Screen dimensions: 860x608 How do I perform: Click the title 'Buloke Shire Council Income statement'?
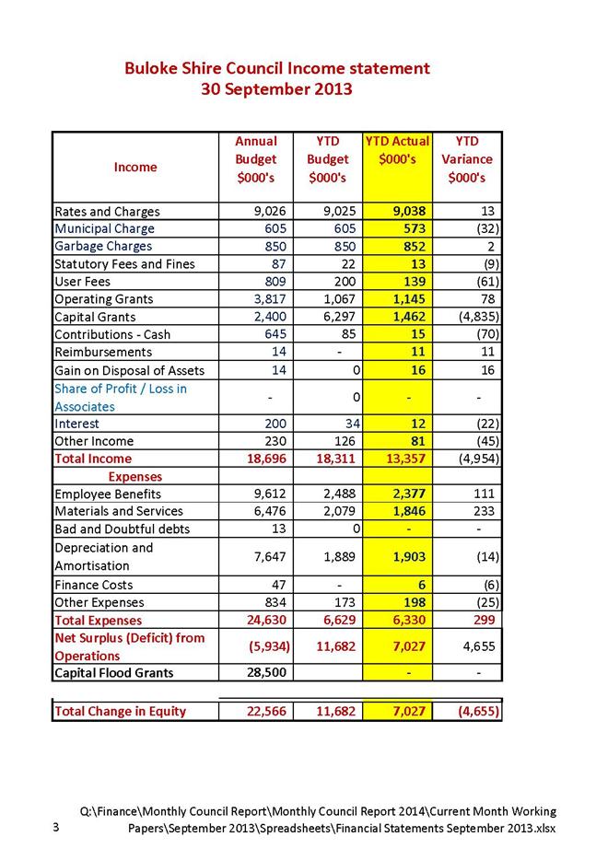coord(277,68)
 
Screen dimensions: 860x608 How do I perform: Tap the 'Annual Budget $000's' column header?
coord(256,159)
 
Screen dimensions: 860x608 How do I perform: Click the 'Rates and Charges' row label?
coord(107,212)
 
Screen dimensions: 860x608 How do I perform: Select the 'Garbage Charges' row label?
coord(103,247)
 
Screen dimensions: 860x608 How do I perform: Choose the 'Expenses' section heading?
coord(135,477)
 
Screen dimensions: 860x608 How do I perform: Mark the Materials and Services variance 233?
coord(482,512)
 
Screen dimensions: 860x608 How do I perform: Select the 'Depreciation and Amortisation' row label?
coord(103,557)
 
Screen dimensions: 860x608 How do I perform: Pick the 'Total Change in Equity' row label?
coord(121,711)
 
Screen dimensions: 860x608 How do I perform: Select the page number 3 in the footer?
coord(57,828)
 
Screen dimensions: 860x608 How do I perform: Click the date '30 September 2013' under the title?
coord(277,89)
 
